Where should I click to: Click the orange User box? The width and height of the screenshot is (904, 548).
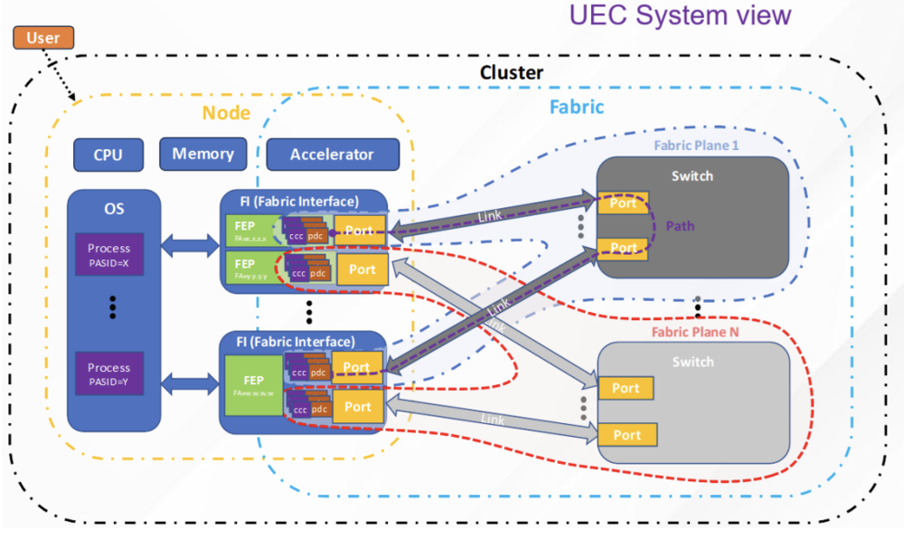(x=42, y=38)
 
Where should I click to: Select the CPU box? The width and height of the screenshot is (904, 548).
(x=108, y=155)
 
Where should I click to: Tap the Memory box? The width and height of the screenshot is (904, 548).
(x=202, y=154)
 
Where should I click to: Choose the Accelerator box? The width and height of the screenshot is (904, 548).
(x=332, y=155)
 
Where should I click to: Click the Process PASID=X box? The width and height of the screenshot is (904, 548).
(x=108, y=254)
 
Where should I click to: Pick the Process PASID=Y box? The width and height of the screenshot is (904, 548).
(x=108, y=373)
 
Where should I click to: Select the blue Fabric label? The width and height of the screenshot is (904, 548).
(x=577, y=108)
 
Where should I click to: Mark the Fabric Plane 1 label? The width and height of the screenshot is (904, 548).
(x=696, y=144)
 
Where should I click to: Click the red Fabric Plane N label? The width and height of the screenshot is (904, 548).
(x=695, y=332)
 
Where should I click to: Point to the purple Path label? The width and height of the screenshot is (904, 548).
(x=680, y=225)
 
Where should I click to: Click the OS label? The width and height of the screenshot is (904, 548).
(x=113, y=209)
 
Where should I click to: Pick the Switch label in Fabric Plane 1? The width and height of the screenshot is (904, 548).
(x=692, y=176)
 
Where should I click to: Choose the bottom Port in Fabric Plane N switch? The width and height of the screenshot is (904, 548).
(x=626, y=435)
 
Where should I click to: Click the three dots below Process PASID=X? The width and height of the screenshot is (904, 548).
(x=113, y=307)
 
